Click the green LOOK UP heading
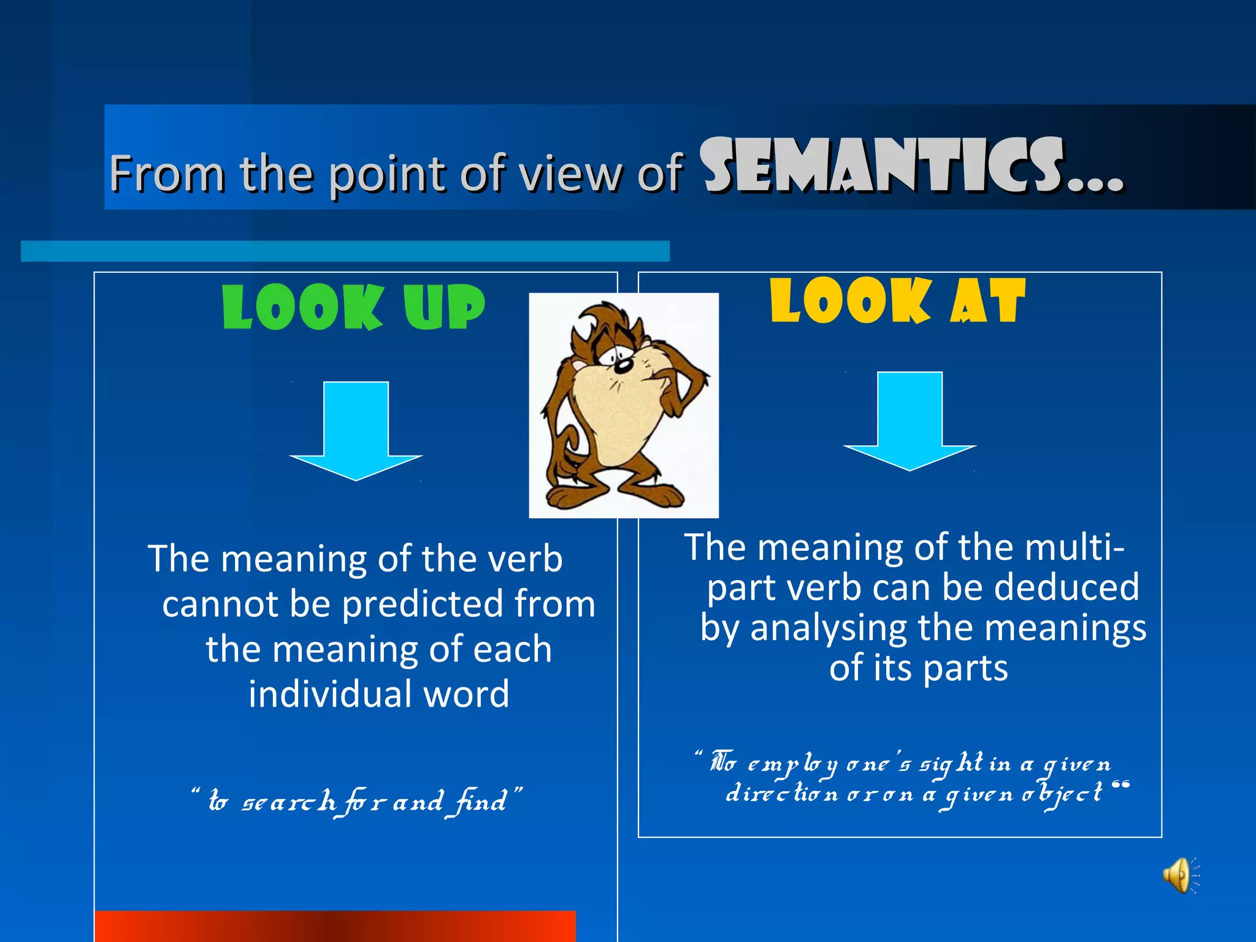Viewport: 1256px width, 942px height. coord(353,308)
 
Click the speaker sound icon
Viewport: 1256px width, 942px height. coord(1178,875)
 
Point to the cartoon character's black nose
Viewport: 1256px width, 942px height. coord(622,366)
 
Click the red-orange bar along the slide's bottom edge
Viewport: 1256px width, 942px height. coord(335,927)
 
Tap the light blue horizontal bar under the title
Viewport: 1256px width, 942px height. coord(345,251)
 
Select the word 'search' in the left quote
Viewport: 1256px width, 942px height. coord(289,802)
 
